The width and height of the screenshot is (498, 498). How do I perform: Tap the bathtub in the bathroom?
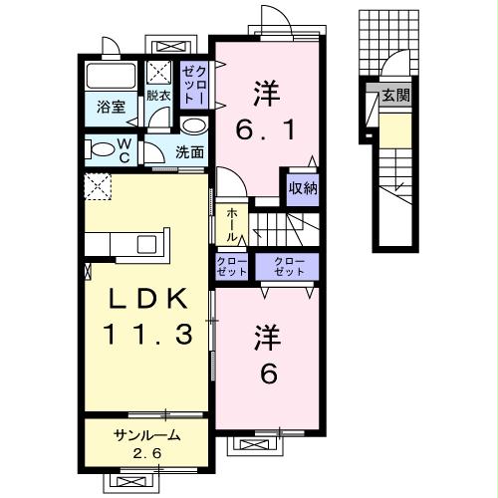pos(113,77)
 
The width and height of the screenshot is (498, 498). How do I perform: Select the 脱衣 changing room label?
pos(158,97)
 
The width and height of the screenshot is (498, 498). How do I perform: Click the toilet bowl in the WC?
pos(103,151)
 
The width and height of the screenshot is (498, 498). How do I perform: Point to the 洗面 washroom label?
pos(190,152)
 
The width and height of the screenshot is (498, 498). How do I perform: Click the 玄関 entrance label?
pos(394,96)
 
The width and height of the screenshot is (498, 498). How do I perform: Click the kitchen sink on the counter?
pos(145,244)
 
